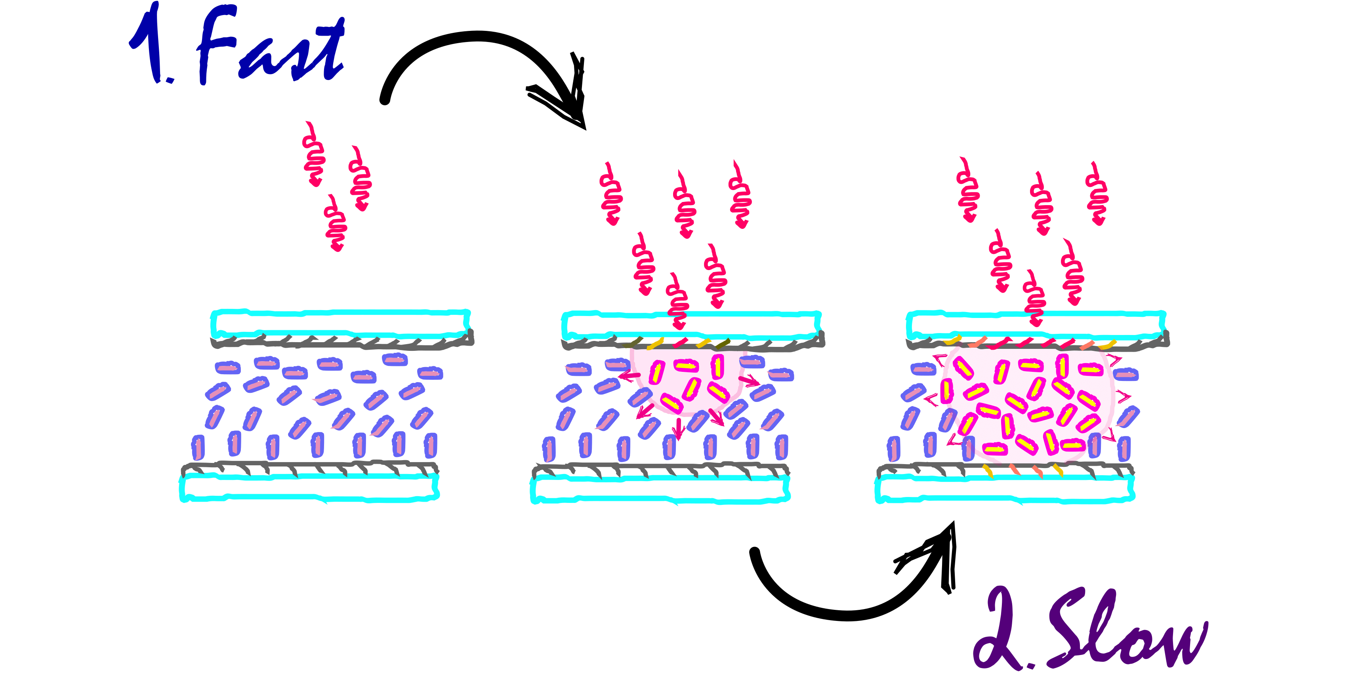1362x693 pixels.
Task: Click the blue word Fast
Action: pyautogui.click(x=270, y=50)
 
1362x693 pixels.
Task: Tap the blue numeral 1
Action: pyautogui.click(x=151, y=45)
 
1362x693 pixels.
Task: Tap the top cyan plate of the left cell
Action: pyautogui.click(x=340, y=323)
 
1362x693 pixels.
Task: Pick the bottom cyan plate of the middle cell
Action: pyautogui.click(x=660, y=489)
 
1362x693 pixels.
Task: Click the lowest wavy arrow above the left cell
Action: pyautogui.click(x=336, y=225)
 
